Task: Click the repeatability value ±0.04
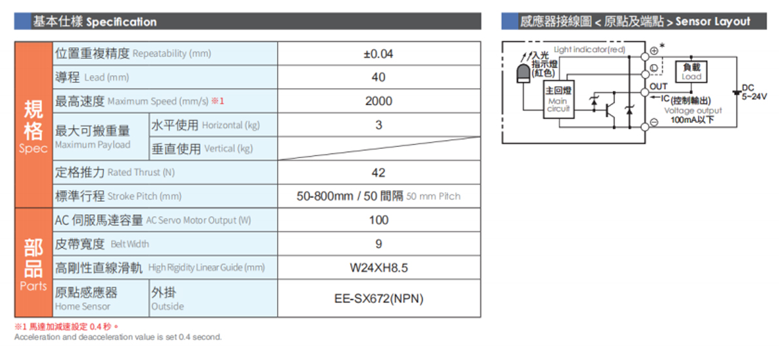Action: (379, 54)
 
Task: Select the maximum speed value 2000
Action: (379, 101)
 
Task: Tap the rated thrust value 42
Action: (379, 172)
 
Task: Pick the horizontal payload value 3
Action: (379, 125)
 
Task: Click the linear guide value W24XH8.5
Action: (379, 268)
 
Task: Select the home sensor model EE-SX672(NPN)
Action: (379, 299)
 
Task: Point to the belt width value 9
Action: (379, 244)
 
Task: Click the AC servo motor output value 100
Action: (379, 220)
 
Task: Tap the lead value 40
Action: (379, 78)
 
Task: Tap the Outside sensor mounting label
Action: (164, 299)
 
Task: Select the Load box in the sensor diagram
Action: (692, 71)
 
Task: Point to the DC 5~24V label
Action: (754, 92)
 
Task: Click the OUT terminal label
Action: (658, 87)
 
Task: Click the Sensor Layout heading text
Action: (712, 22)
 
